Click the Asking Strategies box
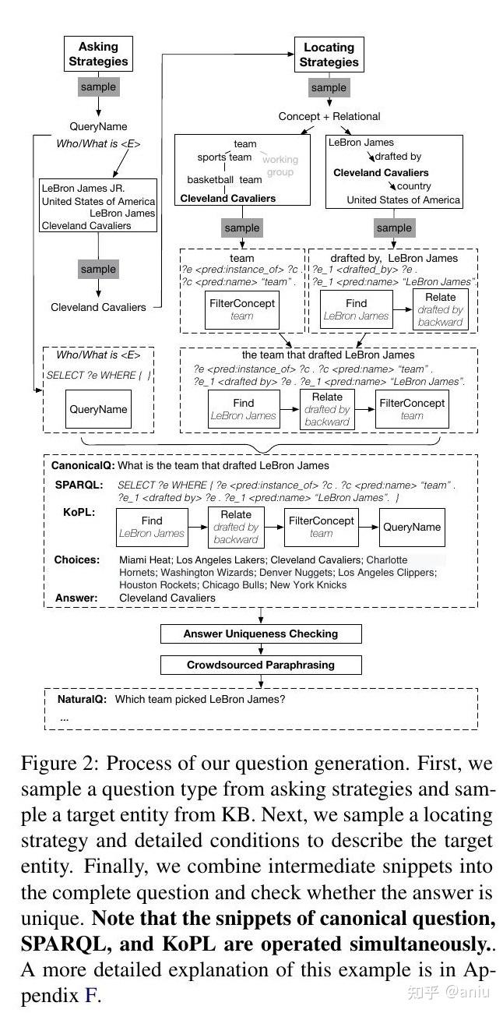(98, 55)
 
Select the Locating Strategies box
(329, 55)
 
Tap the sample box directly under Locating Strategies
(329, 88)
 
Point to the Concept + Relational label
(329, 116)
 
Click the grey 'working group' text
(280, 165)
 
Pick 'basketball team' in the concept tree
(224, 179)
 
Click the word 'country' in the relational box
(413, 186)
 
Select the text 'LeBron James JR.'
(83, 188)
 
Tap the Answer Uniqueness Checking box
(261, 634)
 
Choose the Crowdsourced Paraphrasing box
(261, 665)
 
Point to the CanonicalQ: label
(83, 466)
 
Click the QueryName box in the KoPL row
(411, 527)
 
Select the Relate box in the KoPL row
(236, 527)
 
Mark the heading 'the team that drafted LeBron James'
(328, 355)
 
